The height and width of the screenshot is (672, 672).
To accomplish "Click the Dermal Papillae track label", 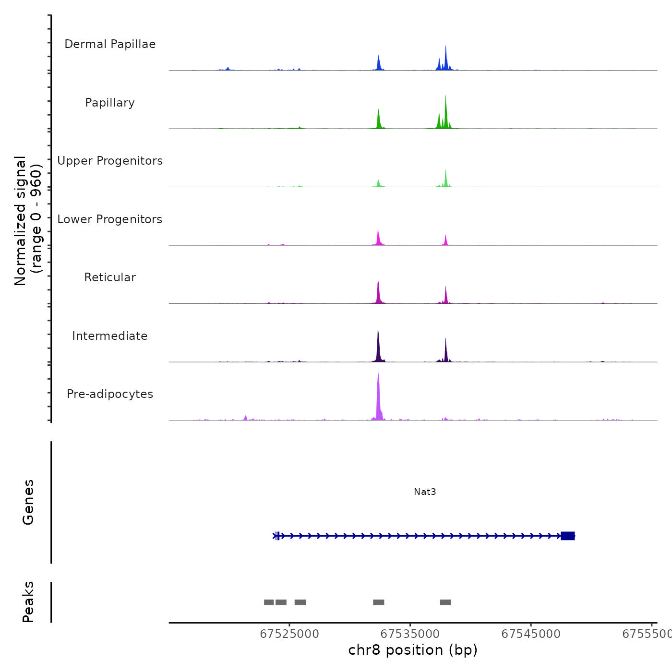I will pyautogui.click(x=110, y=44).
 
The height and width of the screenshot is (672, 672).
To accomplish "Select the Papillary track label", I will pyautogui.click(x=110, y=103).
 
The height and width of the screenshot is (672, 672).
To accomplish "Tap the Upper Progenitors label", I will pyautogui.click(x=110, y=161).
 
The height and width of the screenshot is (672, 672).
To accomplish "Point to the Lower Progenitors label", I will pyautogui.click(x=110, y=219).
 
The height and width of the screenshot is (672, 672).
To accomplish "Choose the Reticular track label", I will pyautogui.click(x=110, y=277).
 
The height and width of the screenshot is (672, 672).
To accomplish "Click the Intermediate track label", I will pyautogui.click(x=110, y=336).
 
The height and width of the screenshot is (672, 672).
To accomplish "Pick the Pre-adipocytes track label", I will pyautogui.click(x=110, y=394).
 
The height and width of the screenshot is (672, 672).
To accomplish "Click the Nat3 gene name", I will pyautogui.click(x=425, y=492).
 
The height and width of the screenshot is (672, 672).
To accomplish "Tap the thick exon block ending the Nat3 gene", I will pyautogui.click(x=567, y=536).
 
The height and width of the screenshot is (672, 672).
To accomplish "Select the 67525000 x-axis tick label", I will pyautogui.click(x=289, y=634).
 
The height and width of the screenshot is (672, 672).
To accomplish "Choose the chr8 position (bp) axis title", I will pyautogui.click(x=413, y=650).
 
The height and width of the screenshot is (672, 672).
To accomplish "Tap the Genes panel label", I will pyautogui.click(x=28, y=502).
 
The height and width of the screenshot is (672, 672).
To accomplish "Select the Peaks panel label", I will pyautogui.click(x=28, y=602).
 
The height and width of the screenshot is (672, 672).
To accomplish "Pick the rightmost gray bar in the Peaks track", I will pyautogui.click(x=445, y=602).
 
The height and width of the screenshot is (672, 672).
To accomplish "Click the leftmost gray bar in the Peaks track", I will pyautogui.click(x=269, y=602).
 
